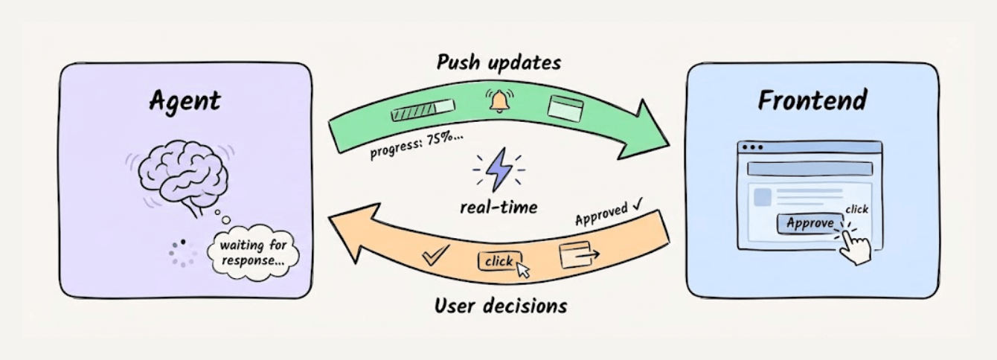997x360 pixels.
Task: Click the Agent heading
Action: click(185, 100)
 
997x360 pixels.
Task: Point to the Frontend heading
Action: click(812, 100)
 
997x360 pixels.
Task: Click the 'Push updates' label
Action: click(498, 62)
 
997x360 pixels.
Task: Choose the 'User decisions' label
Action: click(499, 306)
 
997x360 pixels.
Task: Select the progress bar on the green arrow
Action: click(421, 115)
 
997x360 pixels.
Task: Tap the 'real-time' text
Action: click(498, 207)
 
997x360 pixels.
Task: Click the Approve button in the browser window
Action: click(810, 223)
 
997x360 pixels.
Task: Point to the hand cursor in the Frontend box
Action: click(856, 242)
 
